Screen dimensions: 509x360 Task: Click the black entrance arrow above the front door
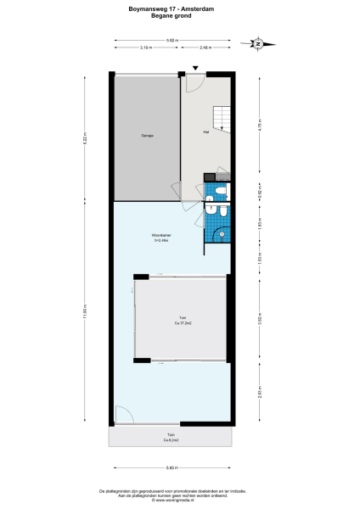195,68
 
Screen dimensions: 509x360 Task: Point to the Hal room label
205,132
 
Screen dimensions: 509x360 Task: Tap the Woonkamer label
162,236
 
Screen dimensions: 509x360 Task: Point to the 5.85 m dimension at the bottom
171,467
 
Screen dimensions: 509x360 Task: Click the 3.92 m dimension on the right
259,319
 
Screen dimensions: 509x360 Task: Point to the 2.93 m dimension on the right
259,393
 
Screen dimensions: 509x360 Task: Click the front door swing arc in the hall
194,83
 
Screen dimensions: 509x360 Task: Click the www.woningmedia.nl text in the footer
180,500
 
